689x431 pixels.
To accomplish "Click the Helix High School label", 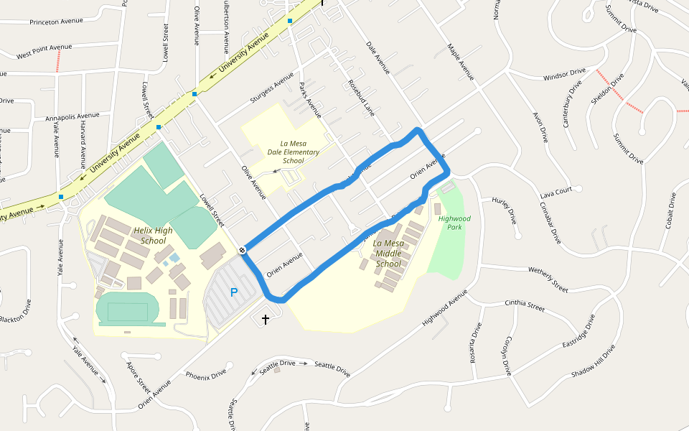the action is click(x=153, y=236).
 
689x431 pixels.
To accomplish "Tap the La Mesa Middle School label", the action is click(x=388, y=254).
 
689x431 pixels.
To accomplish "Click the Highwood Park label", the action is click(x=454, y=222).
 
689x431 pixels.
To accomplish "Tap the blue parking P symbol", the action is click(x=233, y=292).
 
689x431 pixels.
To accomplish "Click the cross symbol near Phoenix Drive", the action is click(x=266, y=319).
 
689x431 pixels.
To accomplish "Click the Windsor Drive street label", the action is click(x=564, y=75).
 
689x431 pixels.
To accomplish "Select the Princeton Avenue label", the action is click(x=57, y=22).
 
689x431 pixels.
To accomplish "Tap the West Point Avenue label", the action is click(x=44, y=51).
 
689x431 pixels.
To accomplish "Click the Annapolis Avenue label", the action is click(x=72, y=116).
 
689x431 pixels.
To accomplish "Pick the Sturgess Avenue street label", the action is click(x=272, y=87).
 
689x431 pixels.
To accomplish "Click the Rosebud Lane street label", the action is click(x=361, y=98).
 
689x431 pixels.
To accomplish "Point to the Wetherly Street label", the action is click(x=548, y=279).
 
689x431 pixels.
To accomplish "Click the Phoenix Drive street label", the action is click(x=206, y=374).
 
